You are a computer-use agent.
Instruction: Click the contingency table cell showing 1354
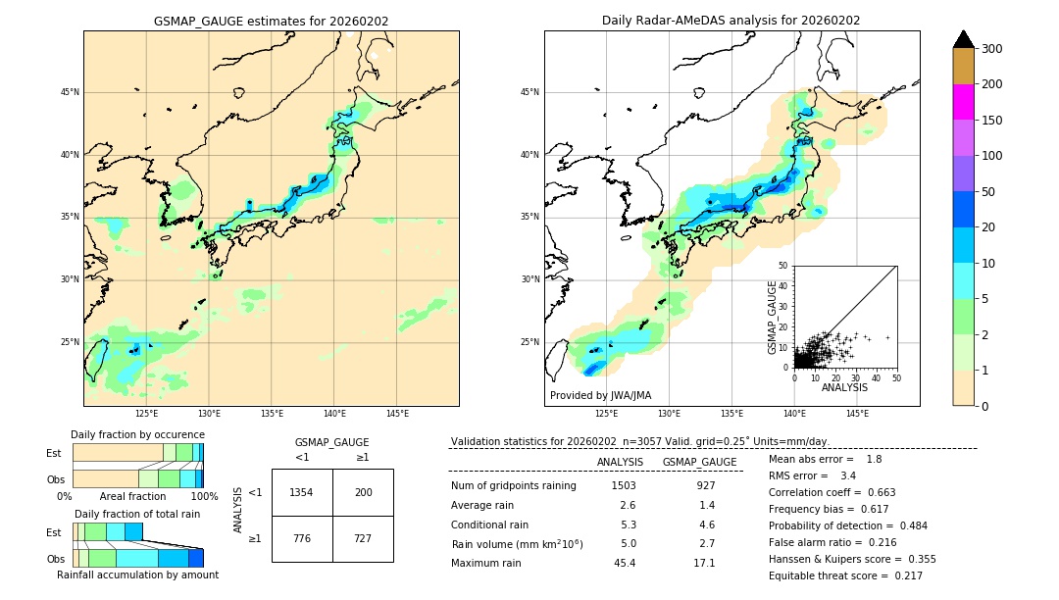[x=302, y=492]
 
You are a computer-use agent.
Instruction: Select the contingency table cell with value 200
[x=363, y=492]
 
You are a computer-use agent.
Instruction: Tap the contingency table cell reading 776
[x=302, y=539]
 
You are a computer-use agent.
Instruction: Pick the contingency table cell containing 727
[x=363, y=539]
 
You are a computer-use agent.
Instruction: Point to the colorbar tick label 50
[x=991, y=192]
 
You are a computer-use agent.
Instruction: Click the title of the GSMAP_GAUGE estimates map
[x=271, y=21]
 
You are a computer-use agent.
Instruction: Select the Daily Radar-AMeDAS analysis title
[x=731, y=21]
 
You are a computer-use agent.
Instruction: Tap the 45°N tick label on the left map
[x=70, y=92]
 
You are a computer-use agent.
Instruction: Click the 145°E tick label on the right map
[x=857, y=414]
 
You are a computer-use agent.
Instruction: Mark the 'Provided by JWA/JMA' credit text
[x=600, y=395]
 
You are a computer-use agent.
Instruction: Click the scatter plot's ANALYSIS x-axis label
[x=844, y=387]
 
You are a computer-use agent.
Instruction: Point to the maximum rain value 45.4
[x=624, y=563]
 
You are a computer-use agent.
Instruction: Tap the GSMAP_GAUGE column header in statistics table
[x=699, y=462]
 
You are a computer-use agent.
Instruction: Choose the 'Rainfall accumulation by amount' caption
[x=137, y=575]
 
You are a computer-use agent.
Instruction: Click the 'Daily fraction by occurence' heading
[x=137, y=434]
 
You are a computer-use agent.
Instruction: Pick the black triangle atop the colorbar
[x=964, y=39]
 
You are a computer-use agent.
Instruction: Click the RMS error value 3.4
[x=848, y=475]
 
